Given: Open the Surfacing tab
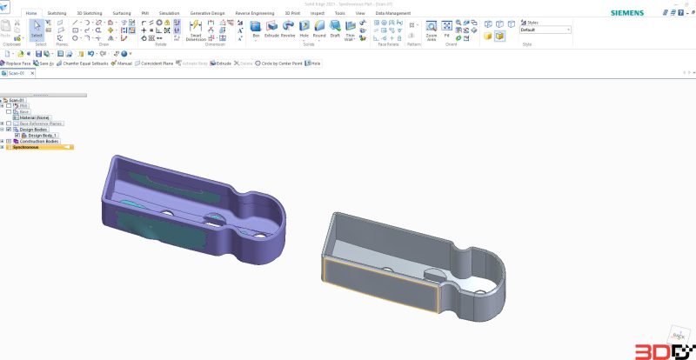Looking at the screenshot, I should click(122, 14).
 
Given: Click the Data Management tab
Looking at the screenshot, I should click(394, 14).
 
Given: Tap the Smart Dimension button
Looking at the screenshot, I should click(196, 29).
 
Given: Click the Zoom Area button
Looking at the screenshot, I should click(432, 29).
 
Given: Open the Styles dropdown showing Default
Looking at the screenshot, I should click(545, 30).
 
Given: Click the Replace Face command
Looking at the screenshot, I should click(19, 63).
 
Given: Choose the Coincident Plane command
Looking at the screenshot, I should click(155, 63).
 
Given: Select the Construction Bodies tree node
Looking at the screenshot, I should click(37, 142).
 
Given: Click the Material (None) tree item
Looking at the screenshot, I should click(36, 117).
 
